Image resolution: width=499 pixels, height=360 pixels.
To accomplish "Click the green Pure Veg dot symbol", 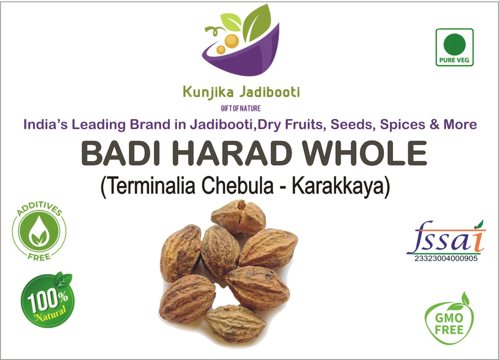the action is pyautogui.click(x=454, y=45).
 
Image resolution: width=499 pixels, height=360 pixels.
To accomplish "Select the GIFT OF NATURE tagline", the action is pyautogui.click(x=241, y=109).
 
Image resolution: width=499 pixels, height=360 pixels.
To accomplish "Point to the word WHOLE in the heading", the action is pyautogui.click(x=364, y=153).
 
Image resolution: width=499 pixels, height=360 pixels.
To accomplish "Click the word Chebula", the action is pyautogui.click(x=238, y=186).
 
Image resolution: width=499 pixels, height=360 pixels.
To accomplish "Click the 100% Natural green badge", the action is pyautogui.click(x=48, y=300).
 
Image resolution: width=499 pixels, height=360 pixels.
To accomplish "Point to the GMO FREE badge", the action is pyautogui.click(x=449, y=319).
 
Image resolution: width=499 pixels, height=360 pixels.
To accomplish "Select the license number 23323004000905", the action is pyautogui.click(x=446, y=259).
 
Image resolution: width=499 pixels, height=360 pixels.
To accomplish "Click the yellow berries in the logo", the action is pyautogui.click(x=228, y=43).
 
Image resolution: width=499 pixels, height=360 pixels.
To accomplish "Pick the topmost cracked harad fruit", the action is pyautogui.click(x=239, y=217).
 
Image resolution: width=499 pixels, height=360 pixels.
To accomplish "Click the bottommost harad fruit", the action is pyautogui.click(x=234, y=323).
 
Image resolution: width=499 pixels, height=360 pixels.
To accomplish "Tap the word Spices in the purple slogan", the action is pyautogui.click(x=402, y=125).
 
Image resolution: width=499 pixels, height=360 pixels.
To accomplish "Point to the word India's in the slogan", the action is pyautogui.click(x=46, y=124).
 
